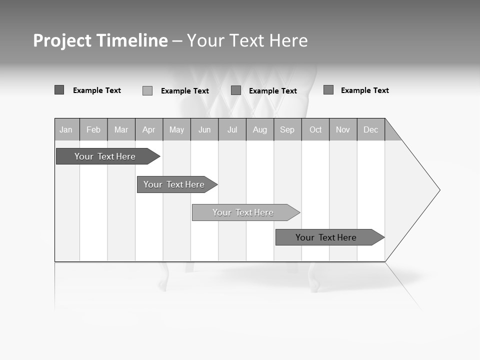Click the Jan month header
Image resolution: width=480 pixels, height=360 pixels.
click(x=66, y=130)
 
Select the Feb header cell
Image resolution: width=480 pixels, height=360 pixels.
click(x=93, y=130)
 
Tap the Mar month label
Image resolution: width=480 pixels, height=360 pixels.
click(x=121, y=130)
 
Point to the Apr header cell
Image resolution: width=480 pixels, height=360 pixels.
click(x=149, y=130)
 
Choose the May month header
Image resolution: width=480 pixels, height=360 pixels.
click(x=176, y=130)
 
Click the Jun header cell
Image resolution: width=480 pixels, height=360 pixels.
click(x=204, y=130)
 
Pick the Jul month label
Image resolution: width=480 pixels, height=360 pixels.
click(x=232, y=130)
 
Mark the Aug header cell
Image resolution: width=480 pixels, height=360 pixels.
click(x=260, y=130)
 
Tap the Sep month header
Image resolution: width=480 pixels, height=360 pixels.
click(x=287, y=130)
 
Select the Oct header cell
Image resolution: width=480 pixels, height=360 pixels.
click(x=315, y=130)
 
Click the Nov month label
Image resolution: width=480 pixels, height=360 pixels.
click(x=343, y=130)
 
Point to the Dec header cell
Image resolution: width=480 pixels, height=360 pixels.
click(x=371, y=130)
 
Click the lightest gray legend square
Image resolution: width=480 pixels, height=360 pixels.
click(x=147, y=90)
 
